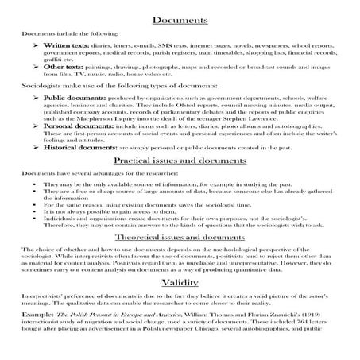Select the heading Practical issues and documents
[180, 160]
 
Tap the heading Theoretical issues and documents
[180, 238]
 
